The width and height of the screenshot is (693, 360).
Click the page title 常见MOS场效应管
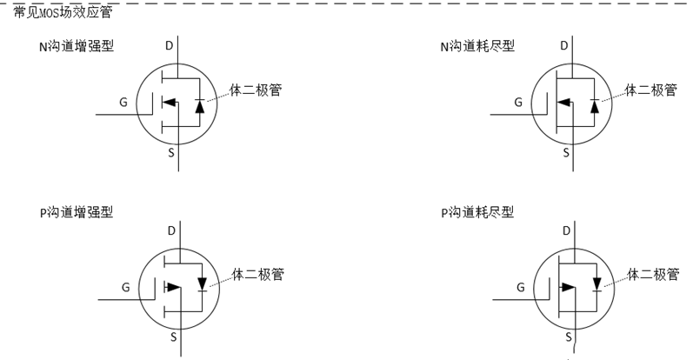coord(63,12)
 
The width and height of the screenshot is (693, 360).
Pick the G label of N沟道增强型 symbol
coord(123,102)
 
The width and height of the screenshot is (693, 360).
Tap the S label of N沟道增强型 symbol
coord(170,153)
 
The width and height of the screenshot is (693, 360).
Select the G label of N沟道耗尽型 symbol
coord(519,102)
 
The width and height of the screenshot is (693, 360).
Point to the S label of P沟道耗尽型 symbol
coord(569,336)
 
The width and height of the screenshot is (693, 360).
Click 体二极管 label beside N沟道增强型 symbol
coord(255,90)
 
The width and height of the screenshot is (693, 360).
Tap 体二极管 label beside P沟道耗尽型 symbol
coord(652,275)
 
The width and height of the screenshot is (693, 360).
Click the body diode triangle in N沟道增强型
coord(199,105)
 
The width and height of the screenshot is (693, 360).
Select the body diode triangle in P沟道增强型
coord(202,283)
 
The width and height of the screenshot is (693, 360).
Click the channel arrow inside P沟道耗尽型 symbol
coord(570,286)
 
